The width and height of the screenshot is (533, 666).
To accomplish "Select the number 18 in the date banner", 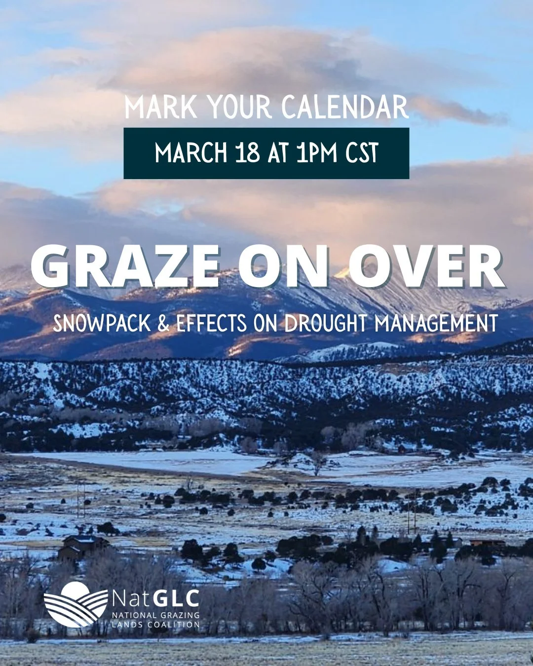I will [248, 153].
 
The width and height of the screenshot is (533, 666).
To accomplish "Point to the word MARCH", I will [190, 153].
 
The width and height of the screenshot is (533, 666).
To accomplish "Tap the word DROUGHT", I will [326, 324].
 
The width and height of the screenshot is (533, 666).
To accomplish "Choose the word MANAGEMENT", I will [436, 324].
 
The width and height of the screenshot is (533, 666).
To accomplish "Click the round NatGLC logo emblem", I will [76, 604].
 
